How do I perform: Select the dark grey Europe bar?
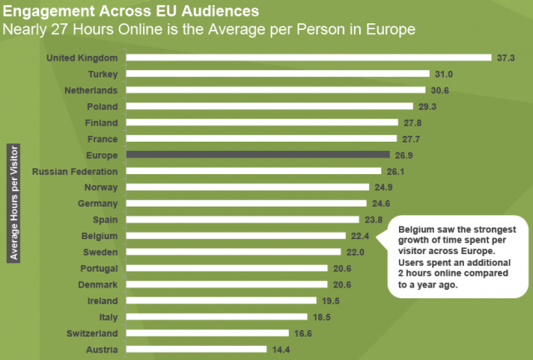point(258,155)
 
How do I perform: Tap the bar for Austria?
point(197,350)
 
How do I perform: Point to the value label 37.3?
point(506,57)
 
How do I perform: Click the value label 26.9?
point(404,155)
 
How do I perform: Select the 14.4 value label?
point(281,350)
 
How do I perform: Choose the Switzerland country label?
point(92,333)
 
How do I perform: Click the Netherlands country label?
point(92,90)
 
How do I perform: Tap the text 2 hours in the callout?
point(411,272)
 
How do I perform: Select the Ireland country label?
point(102,301)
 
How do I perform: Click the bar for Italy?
point(215,317)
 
